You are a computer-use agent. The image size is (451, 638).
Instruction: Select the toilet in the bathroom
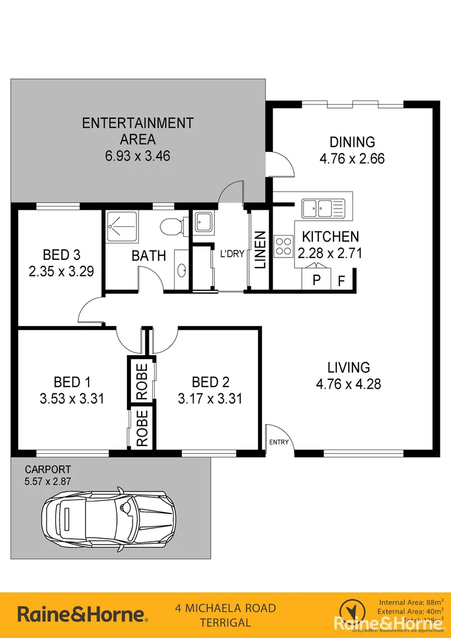[172, 226]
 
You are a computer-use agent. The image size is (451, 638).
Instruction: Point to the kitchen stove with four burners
[283, 245]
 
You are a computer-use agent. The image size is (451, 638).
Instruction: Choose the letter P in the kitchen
[316, 280]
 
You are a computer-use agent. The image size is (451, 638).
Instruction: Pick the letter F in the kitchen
[342, 280]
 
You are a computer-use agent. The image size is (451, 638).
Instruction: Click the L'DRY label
[232, 254]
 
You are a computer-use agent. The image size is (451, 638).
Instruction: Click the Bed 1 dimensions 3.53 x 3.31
[72, 399]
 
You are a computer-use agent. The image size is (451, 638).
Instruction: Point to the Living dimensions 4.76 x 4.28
[348, 384]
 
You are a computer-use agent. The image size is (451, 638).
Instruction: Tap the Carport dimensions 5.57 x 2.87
[47, 481]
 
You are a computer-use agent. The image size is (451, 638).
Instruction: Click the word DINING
[352, 142]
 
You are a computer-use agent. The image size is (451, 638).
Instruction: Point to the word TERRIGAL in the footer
[225, 622]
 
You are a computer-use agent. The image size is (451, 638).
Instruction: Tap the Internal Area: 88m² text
[411, 603]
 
